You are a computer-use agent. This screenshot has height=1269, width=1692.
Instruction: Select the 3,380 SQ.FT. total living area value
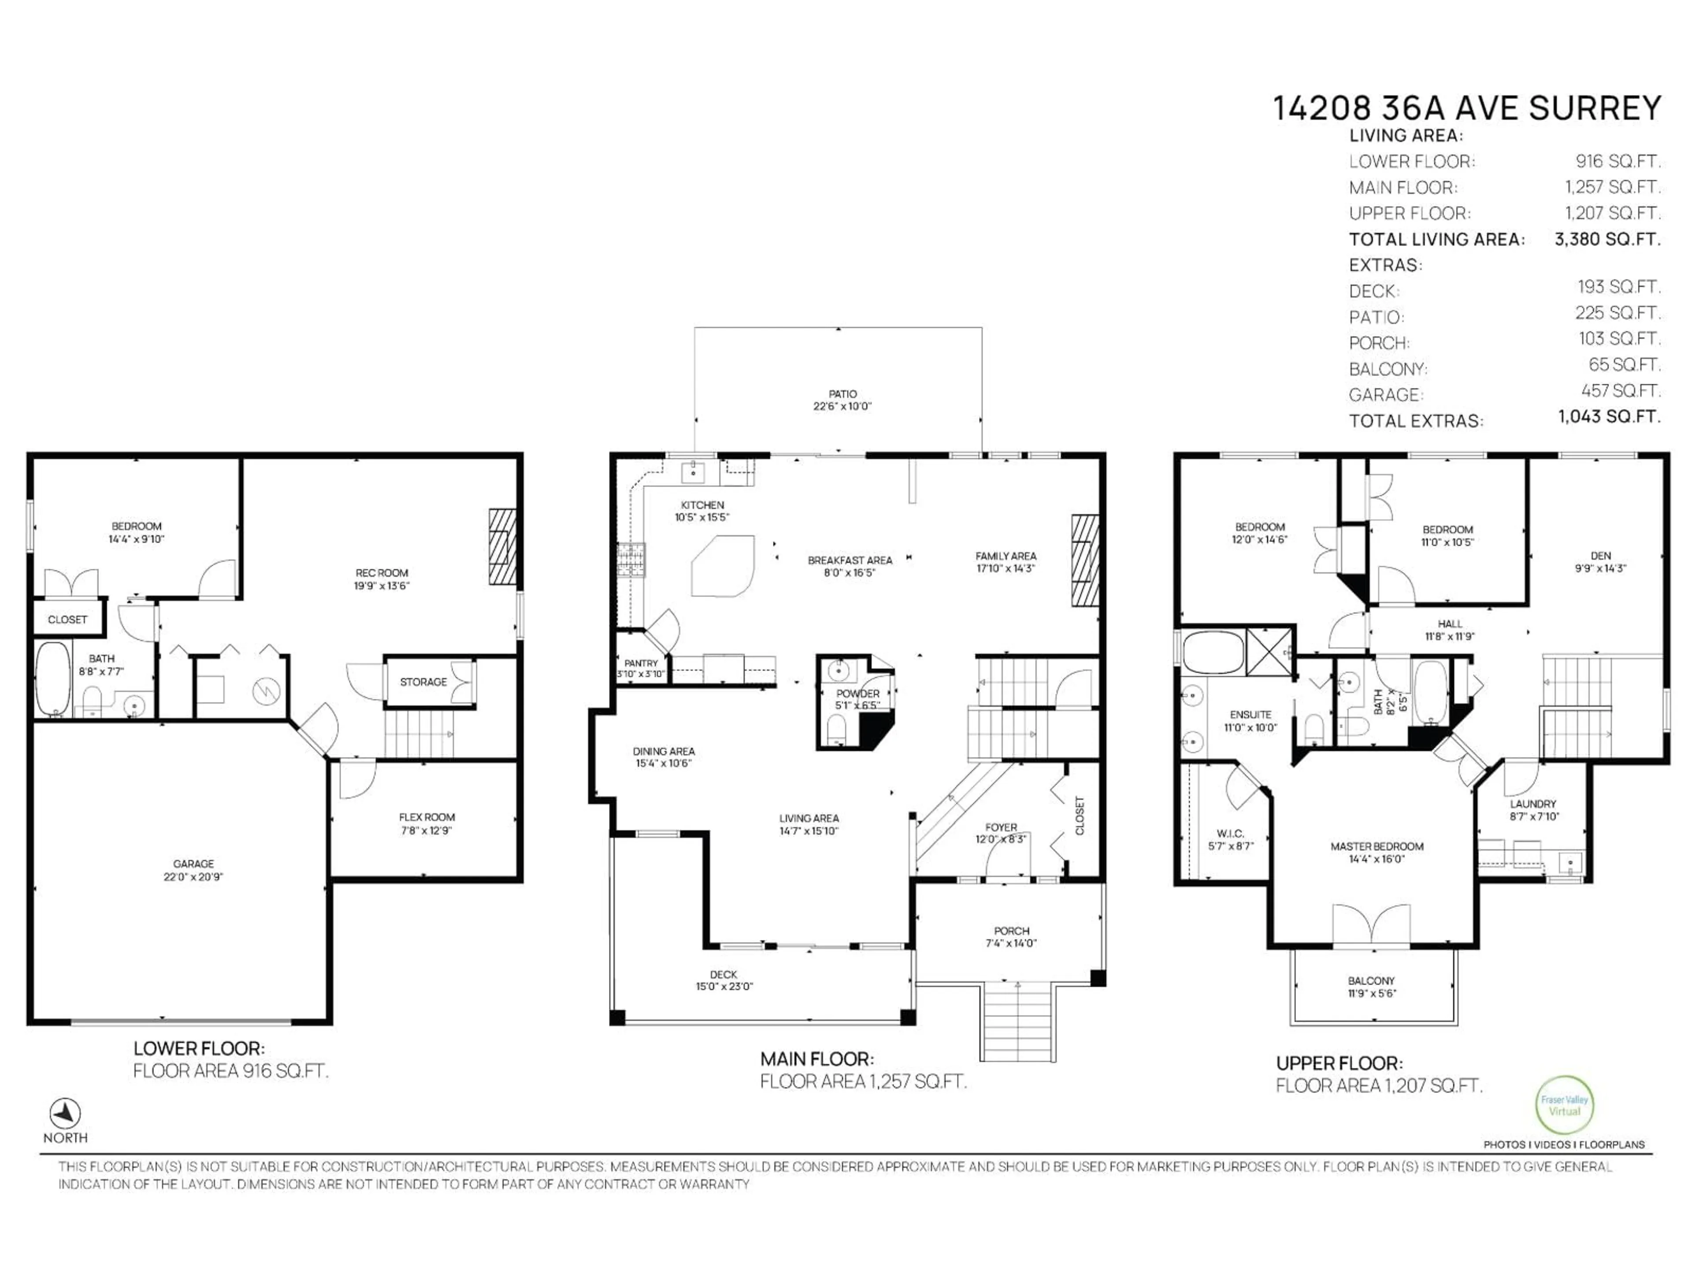tap(1607, 239)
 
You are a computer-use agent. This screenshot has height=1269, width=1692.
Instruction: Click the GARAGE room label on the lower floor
tap(193, 864)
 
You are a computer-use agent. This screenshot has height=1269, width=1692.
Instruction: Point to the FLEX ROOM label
tap(427, 817)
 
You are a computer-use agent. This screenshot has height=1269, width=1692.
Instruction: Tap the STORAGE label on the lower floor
tap(423, 682)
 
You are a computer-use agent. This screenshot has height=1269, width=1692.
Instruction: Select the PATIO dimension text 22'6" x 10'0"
tap(842, 406)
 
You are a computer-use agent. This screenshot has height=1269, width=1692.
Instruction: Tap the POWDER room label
tap(857, 694)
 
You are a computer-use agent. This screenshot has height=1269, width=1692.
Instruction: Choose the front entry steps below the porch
tap(1018, 1021)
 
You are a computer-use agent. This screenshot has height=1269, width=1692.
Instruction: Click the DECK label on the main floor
tap(723, 975)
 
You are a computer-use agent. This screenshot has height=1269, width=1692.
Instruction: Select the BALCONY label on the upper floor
tap(1371, 981)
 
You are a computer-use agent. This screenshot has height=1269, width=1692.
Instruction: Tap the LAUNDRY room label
tap(1533, 804)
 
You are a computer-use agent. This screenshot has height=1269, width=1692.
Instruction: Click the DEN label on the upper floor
tap(1600, 556)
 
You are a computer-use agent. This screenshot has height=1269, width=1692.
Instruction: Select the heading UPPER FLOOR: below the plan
tap(1339, 1063)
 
